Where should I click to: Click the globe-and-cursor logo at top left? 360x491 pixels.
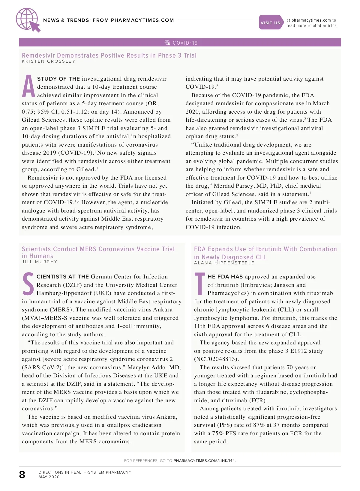[x=28, y=20]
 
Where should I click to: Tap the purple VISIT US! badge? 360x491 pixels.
[x=271, y=22]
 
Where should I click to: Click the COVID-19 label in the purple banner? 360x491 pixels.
[x=185, y=43]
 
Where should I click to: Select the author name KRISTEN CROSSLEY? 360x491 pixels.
[x=49, y=61]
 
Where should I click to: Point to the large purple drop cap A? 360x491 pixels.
[x=28, y=86]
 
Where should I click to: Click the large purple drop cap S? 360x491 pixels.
[x=28, y=284]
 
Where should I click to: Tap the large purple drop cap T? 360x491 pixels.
[x=200, y=284]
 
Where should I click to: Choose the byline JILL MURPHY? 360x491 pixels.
[x=40, y=262]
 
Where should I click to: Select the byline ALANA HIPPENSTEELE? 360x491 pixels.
[x=224, y=263]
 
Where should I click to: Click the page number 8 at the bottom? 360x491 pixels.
[x=22, y=475]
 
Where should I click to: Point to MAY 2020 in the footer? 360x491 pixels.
[x=49, y=477]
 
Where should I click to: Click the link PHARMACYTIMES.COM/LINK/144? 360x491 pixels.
[x=205, y=461]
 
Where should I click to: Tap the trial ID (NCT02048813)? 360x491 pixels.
[x=216, y=359]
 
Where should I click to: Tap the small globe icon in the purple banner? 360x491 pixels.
[x=167, y=43]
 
